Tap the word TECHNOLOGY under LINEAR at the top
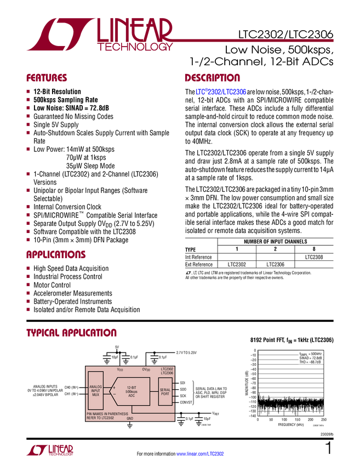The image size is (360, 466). click(x=135, y=48)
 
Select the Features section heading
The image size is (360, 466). click(x=47, y=78)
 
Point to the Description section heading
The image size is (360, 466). click(x=212, y=78)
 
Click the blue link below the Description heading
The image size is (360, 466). click(x=221, y=92)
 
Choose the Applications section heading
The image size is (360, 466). click(x=56, y=255)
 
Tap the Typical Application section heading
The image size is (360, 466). click(x=71, y=333)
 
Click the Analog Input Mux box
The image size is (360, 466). click(x=95, y=390)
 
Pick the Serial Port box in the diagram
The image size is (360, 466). click(x=165, y=390)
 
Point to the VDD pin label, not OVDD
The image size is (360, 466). click(x=120, y=370)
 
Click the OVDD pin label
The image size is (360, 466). click(x=146, y=370)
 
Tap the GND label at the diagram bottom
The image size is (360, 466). click(x=130, y=418)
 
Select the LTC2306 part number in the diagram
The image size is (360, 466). click(x=167, y=373)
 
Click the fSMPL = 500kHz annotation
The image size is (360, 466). click(x=311, y=354)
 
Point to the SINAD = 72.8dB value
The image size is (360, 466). click(x=311, y=358)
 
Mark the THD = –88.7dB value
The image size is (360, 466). click(x=311, y=362)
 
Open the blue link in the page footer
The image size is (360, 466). click(x=201, y=453)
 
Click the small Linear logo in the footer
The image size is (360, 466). click(x=49, y=450)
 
